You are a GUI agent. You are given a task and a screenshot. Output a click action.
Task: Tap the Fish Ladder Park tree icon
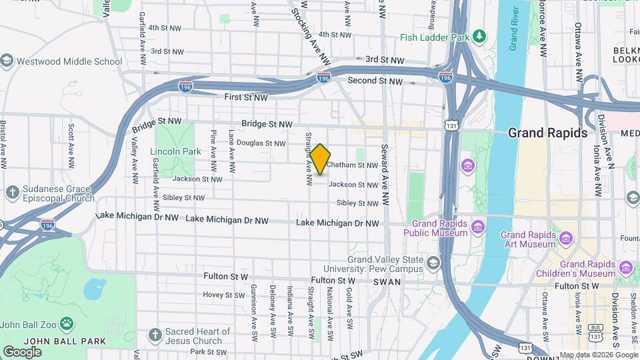point(478,35)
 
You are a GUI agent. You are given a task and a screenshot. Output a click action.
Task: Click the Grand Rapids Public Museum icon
point(477,228)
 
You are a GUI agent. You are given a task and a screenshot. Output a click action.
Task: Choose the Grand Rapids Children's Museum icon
point(625,268)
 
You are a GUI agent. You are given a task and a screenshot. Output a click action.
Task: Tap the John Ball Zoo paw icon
point(67,325)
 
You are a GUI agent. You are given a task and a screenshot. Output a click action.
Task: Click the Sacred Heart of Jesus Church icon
point(155,335)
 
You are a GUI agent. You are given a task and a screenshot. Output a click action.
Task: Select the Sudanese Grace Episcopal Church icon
point(12,193)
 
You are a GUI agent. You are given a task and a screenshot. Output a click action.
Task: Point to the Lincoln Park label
point(175,151)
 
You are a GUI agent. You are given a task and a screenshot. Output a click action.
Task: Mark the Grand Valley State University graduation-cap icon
point(433,263)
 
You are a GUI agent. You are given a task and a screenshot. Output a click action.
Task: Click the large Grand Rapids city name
point(547,133)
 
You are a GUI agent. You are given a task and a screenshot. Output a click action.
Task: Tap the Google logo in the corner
point(22,351)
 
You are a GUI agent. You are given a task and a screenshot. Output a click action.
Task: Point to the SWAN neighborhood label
point(387,282)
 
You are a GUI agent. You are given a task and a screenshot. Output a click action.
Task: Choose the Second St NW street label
point(375,81)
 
